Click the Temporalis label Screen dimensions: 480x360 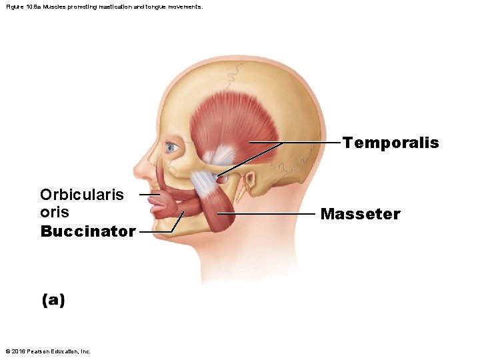point(391,143)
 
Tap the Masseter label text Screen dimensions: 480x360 point(360,214)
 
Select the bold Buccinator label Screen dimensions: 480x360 point(88,231)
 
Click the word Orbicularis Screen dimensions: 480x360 point(82,195)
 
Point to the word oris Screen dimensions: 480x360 point(55,212)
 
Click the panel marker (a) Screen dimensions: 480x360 point(53,300)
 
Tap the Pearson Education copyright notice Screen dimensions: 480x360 point(47,351)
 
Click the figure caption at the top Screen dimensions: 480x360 point(103,7)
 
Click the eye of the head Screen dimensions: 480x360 point(171,147)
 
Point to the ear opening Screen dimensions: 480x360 point(251,181)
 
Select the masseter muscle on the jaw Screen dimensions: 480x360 point(217,207)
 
